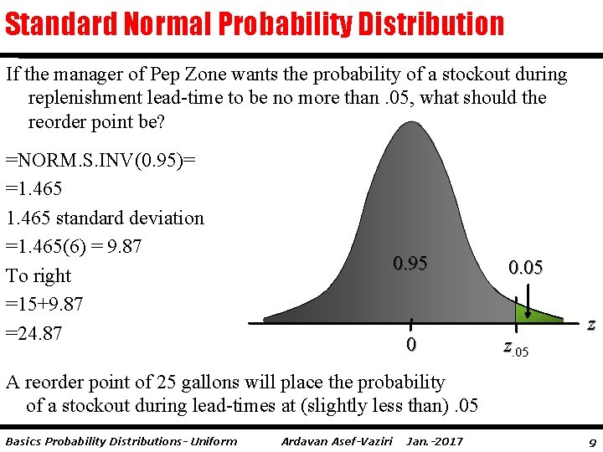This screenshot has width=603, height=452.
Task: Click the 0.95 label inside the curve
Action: (410, 264)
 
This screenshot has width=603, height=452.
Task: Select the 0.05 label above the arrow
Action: (525, 268)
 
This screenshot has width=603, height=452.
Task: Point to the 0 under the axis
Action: (410, 345)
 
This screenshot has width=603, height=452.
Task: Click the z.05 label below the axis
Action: (516, 347)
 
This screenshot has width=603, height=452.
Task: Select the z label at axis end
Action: (591, 325)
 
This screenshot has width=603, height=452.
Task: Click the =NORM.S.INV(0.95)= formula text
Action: (101, 159)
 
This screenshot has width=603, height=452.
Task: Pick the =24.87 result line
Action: (33, 334)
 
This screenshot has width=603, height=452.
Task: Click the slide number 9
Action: (592, 441)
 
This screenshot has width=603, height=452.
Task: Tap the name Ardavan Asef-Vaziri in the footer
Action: (337, 441)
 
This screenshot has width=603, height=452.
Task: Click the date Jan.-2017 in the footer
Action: (434, 441)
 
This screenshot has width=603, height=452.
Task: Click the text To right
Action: (39, 276)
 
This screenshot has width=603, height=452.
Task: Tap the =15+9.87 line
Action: (44, 305)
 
